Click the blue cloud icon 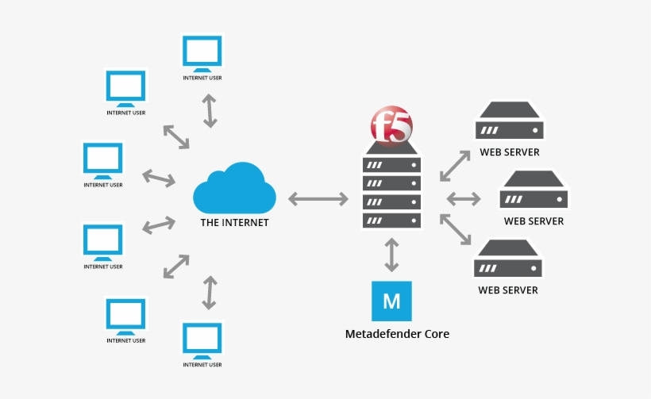tap(234, 188)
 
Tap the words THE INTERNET tap(234, 223)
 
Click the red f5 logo tap(391, 126)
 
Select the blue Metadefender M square tap(391, 301)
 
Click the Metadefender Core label tap(397, 334)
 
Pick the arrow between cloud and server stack tap(318, 199)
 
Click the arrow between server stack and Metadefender tap(391, 254)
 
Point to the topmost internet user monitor tap(202, 53)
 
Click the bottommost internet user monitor tap(202, 340)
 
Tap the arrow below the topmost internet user tap(210, 110)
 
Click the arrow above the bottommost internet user tap(210, 292)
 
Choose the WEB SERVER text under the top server tap(509, 152)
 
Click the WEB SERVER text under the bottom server tap(508, 290)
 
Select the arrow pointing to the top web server tap(454, 163)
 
